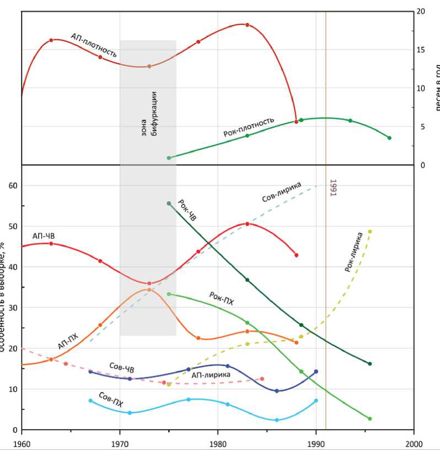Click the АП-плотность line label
94,45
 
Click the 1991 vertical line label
332,187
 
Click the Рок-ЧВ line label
187,210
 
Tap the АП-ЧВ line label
44,236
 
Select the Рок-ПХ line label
222,298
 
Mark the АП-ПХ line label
68,342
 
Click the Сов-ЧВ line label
121,368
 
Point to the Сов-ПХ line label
110,399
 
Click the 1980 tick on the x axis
218,442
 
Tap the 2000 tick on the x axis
414,442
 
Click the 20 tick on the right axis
421,12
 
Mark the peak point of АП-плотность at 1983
247,25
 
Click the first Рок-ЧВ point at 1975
169,203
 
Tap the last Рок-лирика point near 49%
370,232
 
